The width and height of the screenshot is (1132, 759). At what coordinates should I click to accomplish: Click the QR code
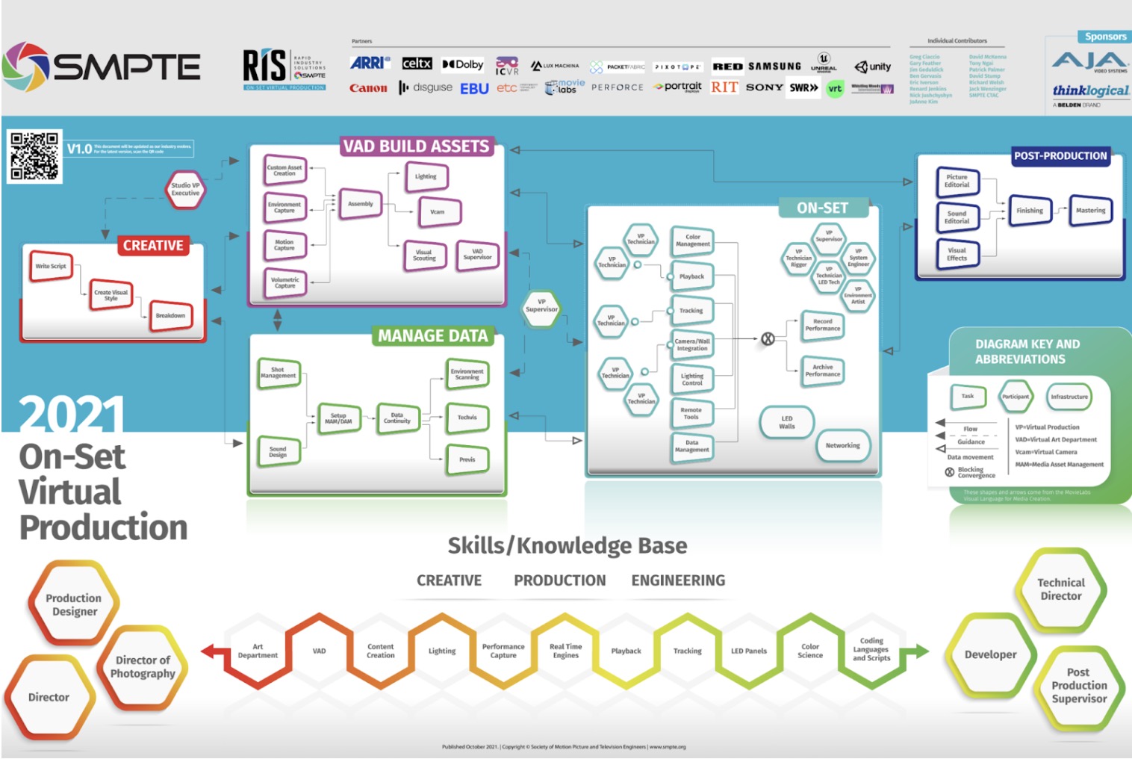click(x=34, y=156)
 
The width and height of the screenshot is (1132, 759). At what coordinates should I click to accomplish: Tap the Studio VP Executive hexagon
click(x=185, y=189)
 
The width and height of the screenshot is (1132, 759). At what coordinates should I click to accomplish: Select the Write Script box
click(x=51, y=267)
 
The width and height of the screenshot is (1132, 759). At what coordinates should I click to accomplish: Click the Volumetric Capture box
click(x=284, y=283)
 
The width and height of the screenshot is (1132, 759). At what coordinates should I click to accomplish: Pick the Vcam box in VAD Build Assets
click(x=438, y=212)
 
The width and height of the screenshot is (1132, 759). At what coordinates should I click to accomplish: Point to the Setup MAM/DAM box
click(x=338, y=418)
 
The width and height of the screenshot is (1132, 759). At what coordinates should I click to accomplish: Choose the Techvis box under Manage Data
click(x=467, y=418)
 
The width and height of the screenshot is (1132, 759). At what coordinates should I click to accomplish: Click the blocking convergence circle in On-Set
click(x=768, y=339)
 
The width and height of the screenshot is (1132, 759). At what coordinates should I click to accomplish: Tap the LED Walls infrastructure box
click(x=787, y=423)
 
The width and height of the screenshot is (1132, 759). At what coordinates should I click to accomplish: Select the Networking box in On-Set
click(x=842, y=446)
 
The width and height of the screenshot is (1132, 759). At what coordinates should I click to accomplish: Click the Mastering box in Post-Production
click(x=1090, y=211)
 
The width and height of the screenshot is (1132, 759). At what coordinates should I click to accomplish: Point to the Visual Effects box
click(x=957, y=254)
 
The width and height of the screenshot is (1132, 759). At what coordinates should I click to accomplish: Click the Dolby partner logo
click(x=463, y=64)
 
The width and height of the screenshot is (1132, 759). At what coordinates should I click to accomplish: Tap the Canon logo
click(x=368, y=88)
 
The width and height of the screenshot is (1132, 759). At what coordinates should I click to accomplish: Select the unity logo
click(x=873, y=66)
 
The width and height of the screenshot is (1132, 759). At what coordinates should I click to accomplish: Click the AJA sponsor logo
click(x=1089, y=62)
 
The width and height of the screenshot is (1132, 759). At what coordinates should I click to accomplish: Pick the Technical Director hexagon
click(x=1060, y=589)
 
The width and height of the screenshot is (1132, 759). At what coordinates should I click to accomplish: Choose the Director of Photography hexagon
click(x=143, y=666)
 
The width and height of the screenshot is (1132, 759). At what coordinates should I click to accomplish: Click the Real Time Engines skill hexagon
click(x=565, y=651)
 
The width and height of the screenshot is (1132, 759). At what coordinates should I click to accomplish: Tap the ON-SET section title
click(x=822, y=208)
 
